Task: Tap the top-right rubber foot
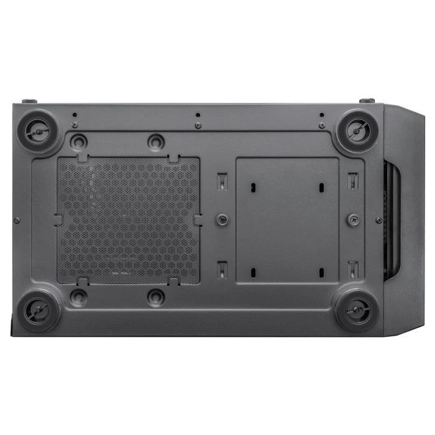359,130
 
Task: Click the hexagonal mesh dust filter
129,220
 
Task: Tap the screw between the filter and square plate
222,219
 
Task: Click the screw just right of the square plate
353,219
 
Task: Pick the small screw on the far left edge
17,220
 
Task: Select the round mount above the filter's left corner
78,142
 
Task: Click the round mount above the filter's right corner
157,142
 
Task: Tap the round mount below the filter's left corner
78,297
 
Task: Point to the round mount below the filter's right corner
157,297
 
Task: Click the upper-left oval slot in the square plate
254,187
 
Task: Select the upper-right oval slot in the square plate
321,187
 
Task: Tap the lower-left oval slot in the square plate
254,272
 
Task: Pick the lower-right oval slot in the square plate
321,272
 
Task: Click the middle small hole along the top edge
198,116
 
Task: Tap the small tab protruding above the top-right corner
367,101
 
